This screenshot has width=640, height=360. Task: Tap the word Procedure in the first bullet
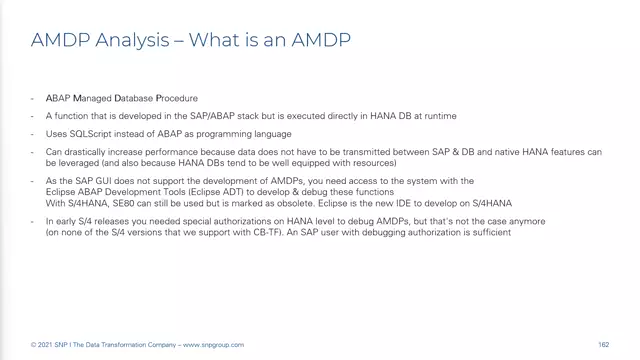[176, 99]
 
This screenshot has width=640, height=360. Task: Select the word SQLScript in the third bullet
[84, 133]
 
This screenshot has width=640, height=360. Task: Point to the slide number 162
[603, 345]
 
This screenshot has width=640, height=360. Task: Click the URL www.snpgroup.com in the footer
[218, 345]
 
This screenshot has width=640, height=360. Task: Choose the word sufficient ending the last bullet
[490, 233]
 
